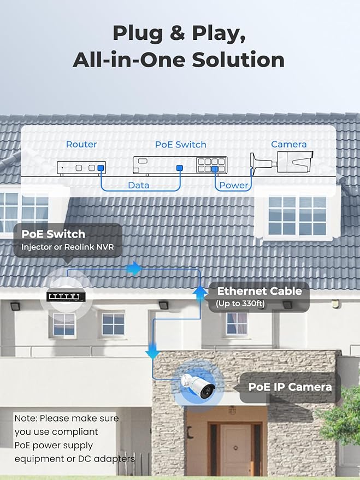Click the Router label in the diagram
click(81, 145)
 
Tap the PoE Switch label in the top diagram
click(181, 145)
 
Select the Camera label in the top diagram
click(289, 144)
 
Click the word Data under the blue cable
click(138, 185)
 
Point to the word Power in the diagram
click(234, 185)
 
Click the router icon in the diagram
click(82, 168)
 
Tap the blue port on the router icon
click(100, 168)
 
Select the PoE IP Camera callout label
click(290, 387)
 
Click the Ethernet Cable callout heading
click(259, 291)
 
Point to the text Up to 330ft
click(240, 304)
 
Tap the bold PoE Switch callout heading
click(54, 234)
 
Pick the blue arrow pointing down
click(152, 349)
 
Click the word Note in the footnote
click(25, 418)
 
